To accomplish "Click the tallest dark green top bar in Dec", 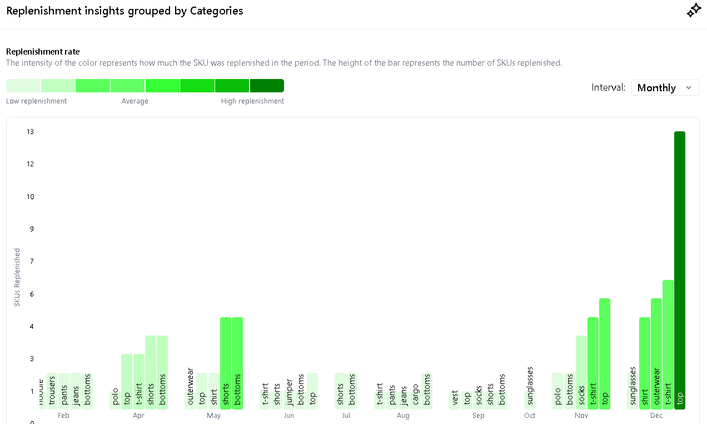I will (679, 270).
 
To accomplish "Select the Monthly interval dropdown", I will (665, 87).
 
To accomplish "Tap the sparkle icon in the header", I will (693, 11).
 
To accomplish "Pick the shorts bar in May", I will (226, 363).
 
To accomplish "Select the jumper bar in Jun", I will (289, 393).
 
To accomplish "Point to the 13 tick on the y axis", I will (30, 132).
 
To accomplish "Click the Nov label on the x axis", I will (581, 416).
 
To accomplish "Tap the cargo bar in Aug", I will (415, 393).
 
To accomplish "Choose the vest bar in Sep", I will (455, 400).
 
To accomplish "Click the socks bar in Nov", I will (581, 372).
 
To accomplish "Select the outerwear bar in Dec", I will (656, 353).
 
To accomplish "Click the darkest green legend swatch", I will (267, 86).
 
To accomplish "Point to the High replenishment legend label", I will (252, 101).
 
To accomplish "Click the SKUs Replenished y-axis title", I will (17, 277).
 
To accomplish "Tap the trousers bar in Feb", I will (52, 391).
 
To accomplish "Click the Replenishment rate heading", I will (43, 52).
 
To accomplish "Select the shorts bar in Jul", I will (340, 391).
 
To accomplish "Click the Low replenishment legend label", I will (36, 101).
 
